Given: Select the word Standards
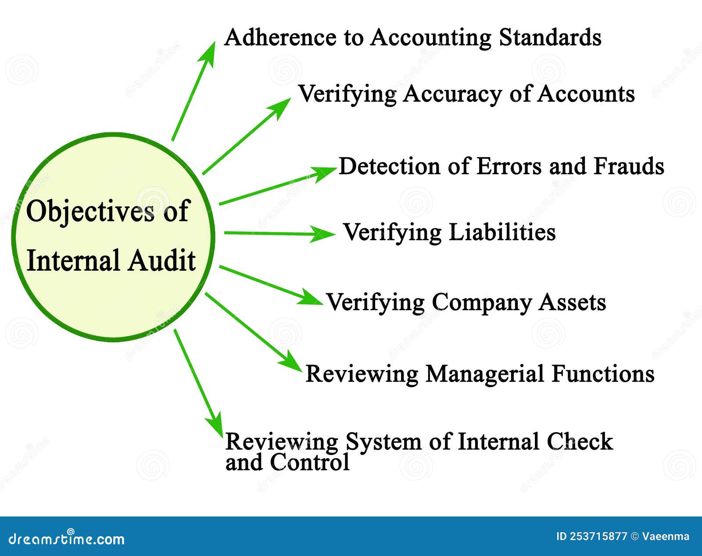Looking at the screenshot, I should [550, 37].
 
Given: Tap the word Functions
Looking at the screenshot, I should [603, 374].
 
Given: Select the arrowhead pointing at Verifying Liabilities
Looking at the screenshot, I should [327, 234].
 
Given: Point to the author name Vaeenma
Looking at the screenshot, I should [666, 536].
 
